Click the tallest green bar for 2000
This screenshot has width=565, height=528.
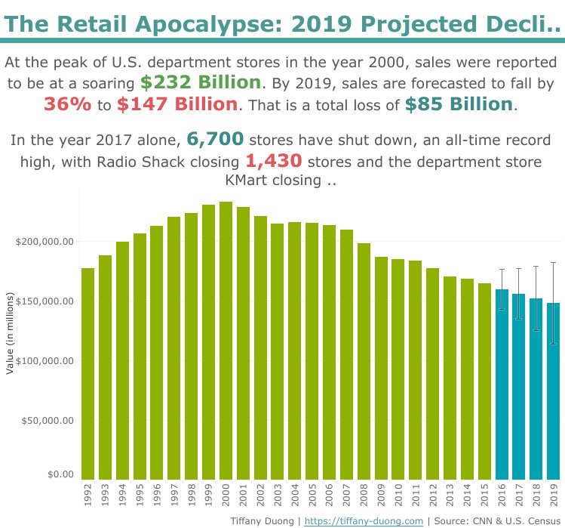[x=226, y=340]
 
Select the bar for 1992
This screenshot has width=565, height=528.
[x=88, y=373]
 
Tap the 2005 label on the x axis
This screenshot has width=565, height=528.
[x=312, y=496]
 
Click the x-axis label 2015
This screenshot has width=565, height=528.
[x=484, y=496]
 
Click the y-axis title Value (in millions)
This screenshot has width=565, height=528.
[x=10, y=335]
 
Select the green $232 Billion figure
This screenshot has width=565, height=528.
[x=201, y=82]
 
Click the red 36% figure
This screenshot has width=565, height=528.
[x=68, y=104]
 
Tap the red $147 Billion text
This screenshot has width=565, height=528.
[x=177, y=104]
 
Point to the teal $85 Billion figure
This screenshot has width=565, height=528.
[x=459, y=104]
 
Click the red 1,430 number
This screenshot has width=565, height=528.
[x=274, y=161]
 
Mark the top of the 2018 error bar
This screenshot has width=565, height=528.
[x=536, y=266]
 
